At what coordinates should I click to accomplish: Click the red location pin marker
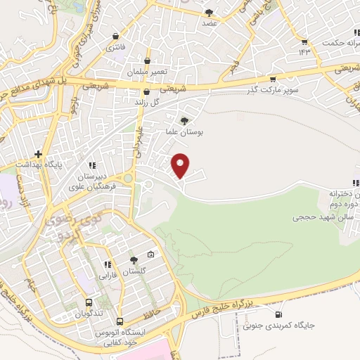[181, 165]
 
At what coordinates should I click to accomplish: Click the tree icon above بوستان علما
[184, 121]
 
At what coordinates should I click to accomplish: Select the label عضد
[209, 22]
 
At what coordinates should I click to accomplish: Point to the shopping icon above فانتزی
[113, 37]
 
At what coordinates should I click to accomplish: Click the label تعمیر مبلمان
[146, 72]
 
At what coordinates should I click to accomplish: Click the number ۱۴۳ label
[304, 52]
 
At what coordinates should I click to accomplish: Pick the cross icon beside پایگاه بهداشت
[39, 154]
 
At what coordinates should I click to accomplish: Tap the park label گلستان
[134, 271]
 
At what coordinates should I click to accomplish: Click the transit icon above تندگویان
[89, 298]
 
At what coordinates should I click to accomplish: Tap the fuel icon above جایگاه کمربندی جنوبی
[281, 314]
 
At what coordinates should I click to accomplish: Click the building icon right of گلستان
[150, 255]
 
